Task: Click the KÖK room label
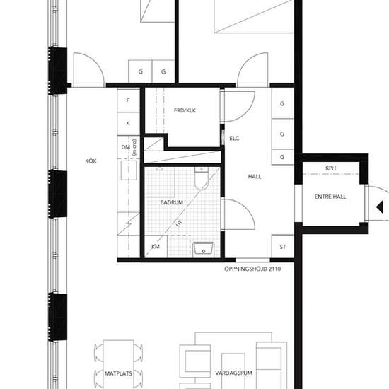point(91,161)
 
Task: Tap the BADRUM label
point(172,202)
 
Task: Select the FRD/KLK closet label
point(184,110)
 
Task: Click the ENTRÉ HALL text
point(330,197)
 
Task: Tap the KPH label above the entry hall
point(330,168)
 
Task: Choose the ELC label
point(235,138)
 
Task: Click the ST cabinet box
point(283,247)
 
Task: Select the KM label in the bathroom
point(156,248)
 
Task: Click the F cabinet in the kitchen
point(128,100)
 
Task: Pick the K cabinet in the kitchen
point(128,123)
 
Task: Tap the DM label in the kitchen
point(126,147)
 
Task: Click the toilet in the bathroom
point(201,180)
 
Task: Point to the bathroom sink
point(203,248)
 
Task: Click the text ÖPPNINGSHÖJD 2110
point(252,269)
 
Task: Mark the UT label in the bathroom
point(178,226)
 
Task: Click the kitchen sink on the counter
point(129,172)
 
